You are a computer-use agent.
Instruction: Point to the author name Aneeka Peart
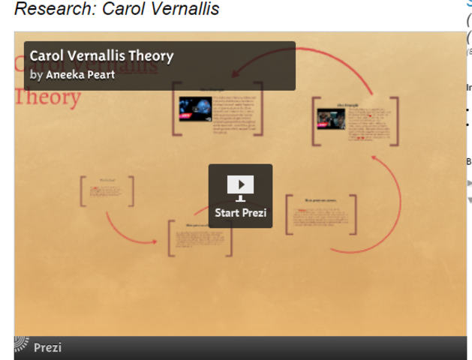tap(80, 74)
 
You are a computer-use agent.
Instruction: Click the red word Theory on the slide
tap(47, 97)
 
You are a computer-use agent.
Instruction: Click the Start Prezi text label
tap(240, 213)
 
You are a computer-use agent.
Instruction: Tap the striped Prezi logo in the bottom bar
tap(22, 346)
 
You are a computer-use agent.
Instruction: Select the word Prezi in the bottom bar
tap(47, 347)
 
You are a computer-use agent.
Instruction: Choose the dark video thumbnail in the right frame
tap(331, 118)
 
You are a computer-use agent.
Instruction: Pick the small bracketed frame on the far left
tap(107, 190)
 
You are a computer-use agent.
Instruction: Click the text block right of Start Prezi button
tap(320, 215)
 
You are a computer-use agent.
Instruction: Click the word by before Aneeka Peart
tap(36, 74)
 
